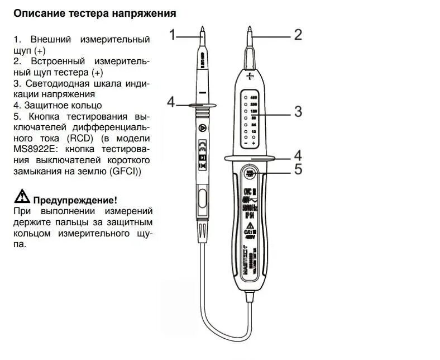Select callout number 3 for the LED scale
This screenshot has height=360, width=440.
[x=298, y=111]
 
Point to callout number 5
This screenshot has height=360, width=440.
[x=298, y=169]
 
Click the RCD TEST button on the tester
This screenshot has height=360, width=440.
[x=249, y=172]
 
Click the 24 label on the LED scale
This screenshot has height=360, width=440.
[x=254, y=125]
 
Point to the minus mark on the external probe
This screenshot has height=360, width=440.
[x=202, y=92]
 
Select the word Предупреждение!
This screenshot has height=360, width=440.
[x=75, y=200]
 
